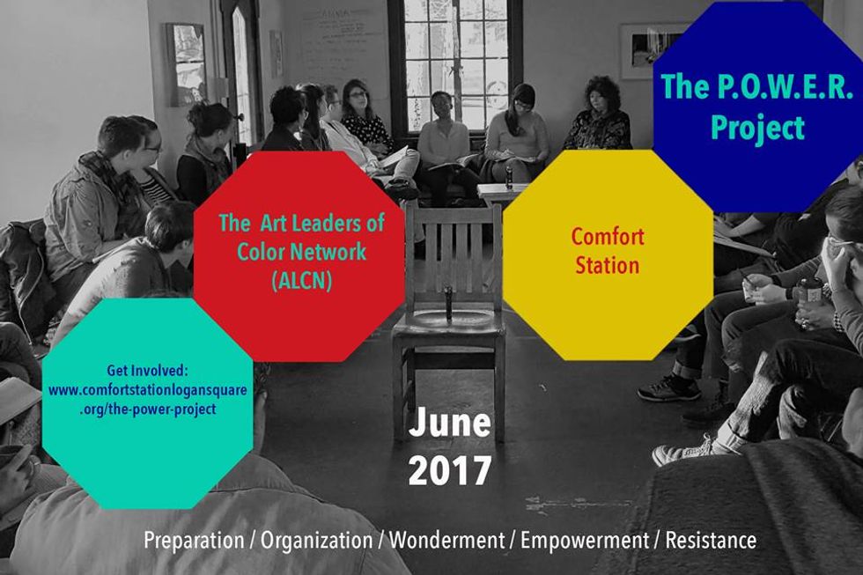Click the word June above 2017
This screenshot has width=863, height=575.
450,423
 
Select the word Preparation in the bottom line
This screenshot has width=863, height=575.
194,541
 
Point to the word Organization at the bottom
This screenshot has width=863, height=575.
316,541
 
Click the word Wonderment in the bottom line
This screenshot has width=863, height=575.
447,541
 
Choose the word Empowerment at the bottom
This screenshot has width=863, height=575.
585,541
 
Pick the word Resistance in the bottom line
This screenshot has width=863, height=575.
711,541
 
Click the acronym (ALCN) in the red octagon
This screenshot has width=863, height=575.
301,281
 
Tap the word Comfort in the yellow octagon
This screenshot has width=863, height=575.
608,237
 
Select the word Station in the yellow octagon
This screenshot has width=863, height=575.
608,265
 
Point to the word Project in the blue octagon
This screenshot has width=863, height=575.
758,128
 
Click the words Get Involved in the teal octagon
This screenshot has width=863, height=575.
148,371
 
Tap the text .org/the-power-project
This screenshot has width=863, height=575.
148,409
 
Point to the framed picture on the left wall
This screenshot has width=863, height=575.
187,64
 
